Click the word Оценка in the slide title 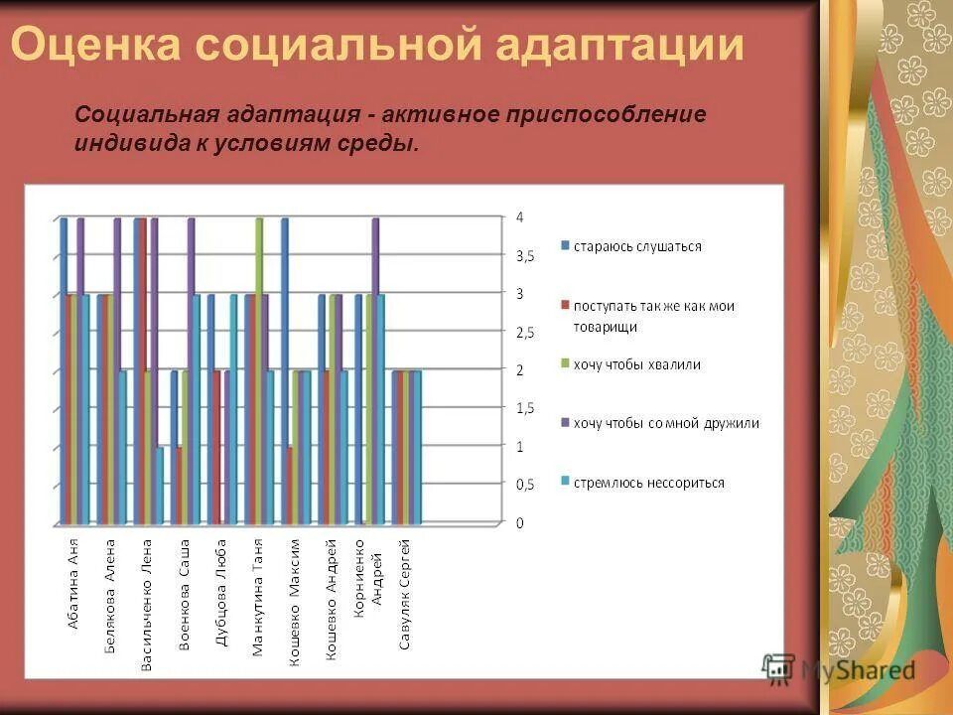pos(94,46)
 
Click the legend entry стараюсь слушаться pos(636,245)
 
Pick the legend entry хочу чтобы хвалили pos(636,364)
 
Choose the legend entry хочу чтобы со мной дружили pos(665,423)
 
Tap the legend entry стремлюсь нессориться pos(648,483)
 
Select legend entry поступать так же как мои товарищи pos(652,316)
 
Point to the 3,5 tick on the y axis pos(523,256)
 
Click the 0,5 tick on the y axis pos(523,485)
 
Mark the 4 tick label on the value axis pos(518,217)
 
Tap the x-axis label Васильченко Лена pos(146,606)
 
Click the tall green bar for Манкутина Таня pos(259,367)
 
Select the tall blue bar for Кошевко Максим pos(285,367)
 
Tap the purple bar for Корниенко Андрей pos(375,367)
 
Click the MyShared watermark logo pos(839,669)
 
